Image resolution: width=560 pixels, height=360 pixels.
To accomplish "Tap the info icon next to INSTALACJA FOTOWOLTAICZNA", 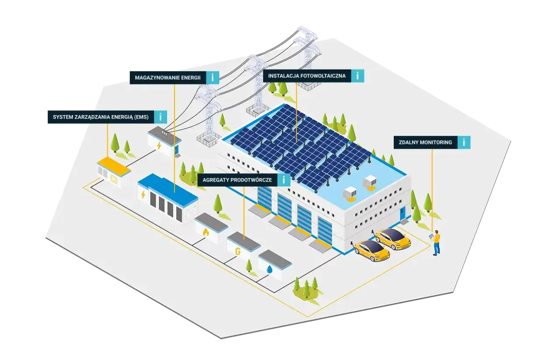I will (x=357, y=76).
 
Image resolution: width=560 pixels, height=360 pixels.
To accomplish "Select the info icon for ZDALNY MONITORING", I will (x=464, y=142).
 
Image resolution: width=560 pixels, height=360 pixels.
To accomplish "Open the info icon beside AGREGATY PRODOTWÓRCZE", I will (x=284, y=180).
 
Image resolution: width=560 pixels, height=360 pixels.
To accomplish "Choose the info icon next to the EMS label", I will (x=161, y=117).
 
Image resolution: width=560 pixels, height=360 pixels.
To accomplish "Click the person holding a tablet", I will (x=436, y=242).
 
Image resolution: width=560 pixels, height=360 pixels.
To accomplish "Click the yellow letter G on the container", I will (x=238, y=252).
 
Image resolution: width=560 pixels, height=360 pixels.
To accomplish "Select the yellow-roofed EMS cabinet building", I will (x=113, y=171).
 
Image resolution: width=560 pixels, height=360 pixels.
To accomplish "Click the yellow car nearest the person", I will (x=393, y=239).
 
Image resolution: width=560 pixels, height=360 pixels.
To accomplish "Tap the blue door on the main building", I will (x=402, y=214).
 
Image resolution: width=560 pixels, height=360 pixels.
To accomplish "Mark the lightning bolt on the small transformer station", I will (x=159, y=145).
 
